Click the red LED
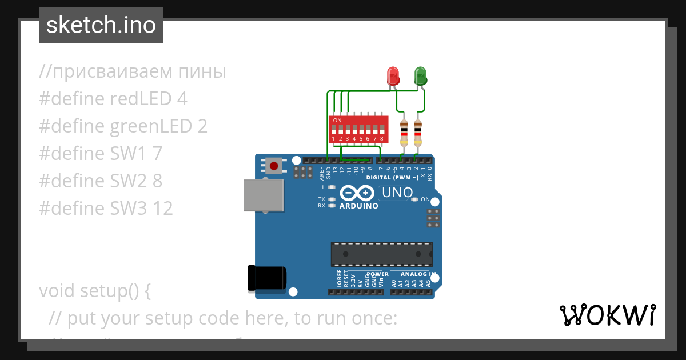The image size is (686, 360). (x=393, y=76)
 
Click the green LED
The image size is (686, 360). (x=420, y=76)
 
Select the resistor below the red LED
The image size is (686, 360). (x=404, y=133)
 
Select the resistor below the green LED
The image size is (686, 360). (x=418, y=133)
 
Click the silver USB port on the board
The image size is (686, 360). (x=264, y=195)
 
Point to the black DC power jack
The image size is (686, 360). (x=266, y=278)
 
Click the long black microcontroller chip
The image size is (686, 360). (x=381, y=254)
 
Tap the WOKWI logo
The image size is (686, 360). (x=608, y=315)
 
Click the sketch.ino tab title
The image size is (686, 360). (x=101, y=25)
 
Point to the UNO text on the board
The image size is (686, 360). (x=397, y=193)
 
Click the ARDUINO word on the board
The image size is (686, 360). (x=358, y=206)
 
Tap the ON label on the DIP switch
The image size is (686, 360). (x=337, y=121)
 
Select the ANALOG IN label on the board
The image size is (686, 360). (x=416, y=274)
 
